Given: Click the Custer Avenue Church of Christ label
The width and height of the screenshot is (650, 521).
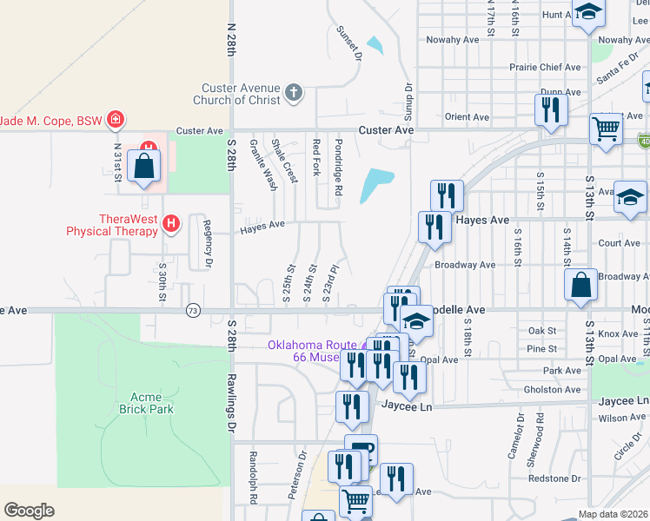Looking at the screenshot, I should click(x=241, y=94).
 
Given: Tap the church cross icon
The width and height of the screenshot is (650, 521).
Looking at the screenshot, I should click(x=295, y=93).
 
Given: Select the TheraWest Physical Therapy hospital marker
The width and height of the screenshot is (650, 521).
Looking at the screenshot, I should click(x=171, y=224).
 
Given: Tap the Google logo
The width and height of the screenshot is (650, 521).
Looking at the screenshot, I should click(x=29, y=511).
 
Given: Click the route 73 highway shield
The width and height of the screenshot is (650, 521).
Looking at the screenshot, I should click(x=192, y=310).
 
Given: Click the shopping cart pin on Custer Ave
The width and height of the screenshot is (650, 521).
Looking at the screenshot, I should click(x=606, y=129).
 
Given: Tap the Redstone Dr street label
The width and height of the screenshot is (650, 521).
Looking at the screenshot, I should click(x=554, y=478).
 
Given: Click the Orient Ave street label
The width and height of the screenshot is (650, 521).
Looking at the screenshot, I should click(x=467, y=116).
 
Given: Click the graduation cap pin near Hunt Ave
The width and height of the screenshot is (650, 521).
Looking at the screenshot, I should click(x=588, y=14).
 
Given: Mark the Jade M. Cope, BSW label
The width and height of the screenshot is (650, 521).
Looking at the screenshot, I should click(x=50, y=120).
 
